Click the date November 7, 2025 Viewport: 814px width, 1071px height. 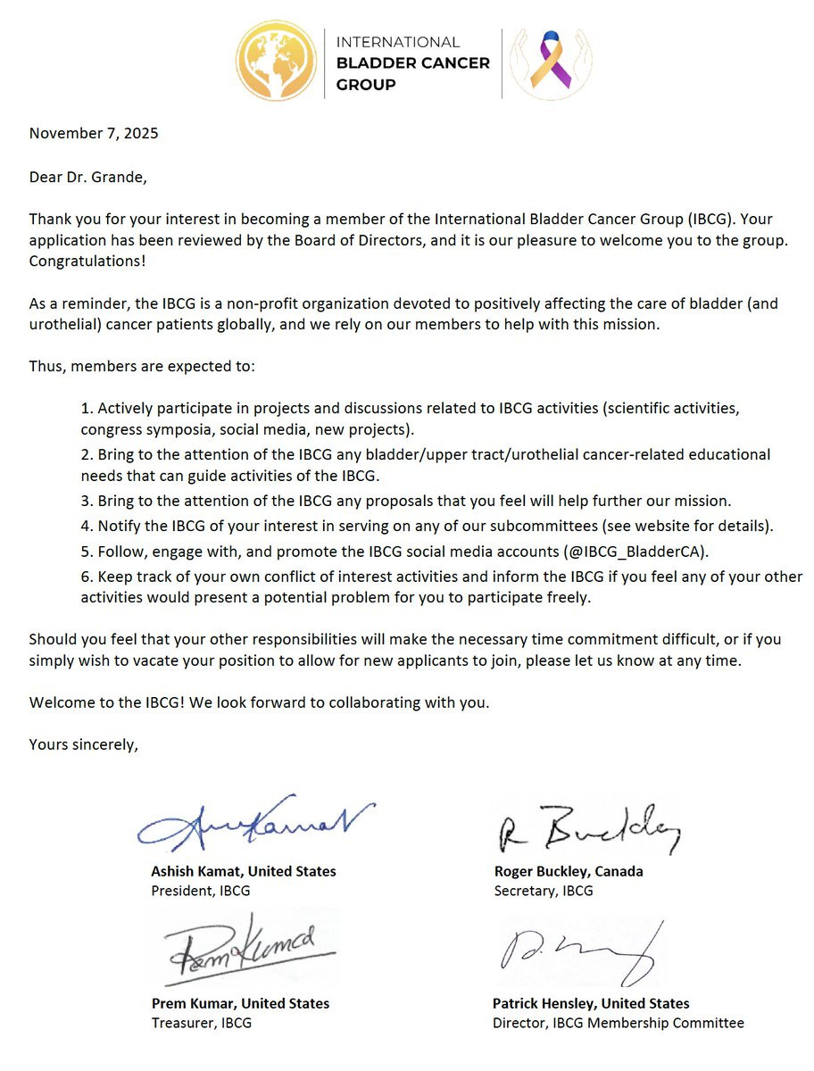94,134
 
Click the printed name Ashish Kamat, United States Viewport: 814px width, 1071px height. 244,871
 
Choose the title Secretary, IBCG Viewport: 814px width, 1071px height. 543,891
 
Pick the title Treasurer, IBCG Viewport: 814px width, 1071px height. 202,1023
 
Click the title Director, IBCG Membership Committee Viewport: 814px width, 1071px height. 618,1023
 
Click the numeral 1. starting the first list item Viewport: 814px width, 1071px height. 87,409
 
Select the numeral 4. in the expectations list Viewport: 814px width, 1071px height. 87,526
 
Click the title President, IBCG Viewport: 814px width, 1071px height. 201,891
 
